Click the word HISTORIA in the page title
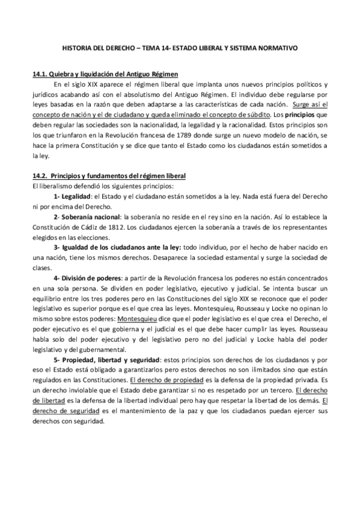tap(79, 46)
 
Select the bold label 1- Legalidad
tap(73, 196)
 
